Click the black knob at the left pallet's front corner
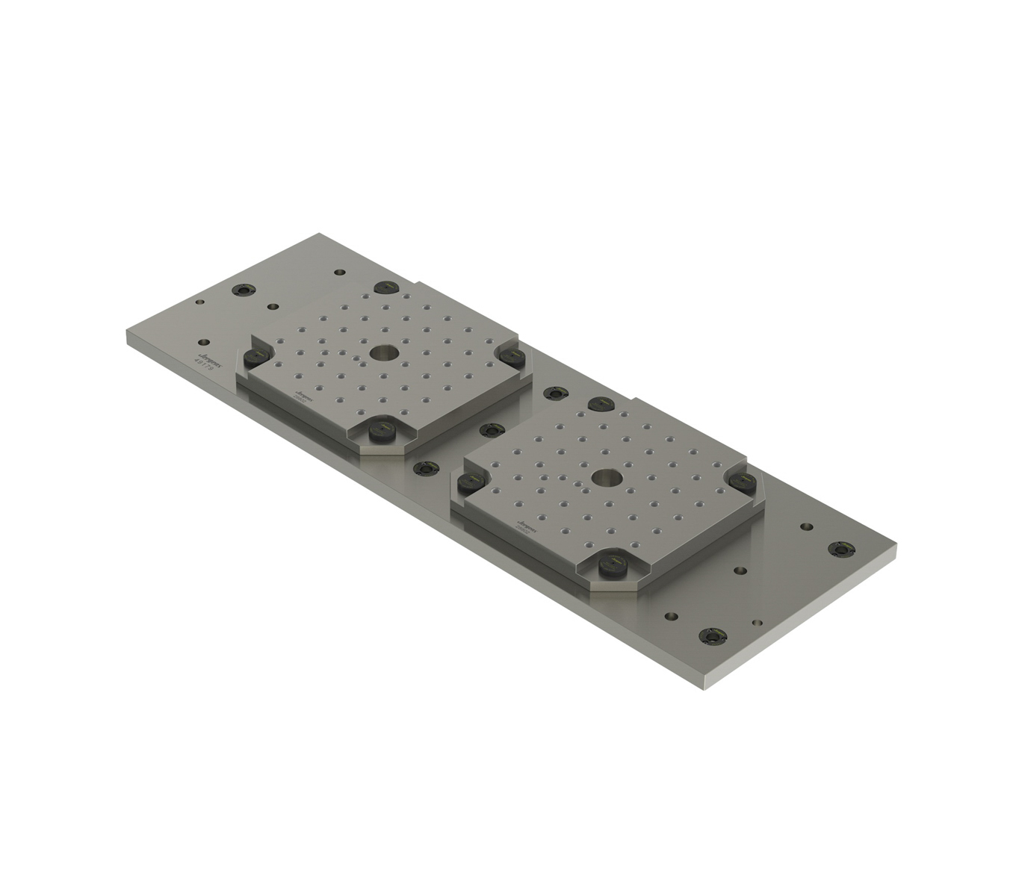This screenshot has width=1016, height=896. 382,431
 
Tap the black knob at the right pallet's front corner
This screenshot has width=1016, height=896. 610,566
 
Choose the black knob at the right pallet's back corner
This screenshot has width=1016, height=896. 601,404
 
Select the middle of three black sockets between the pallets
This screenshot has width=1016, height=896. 489,430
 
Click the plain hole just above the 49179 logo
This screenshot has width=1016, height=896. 199,302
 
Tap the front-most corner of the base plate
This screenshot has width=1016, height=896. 705,688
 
